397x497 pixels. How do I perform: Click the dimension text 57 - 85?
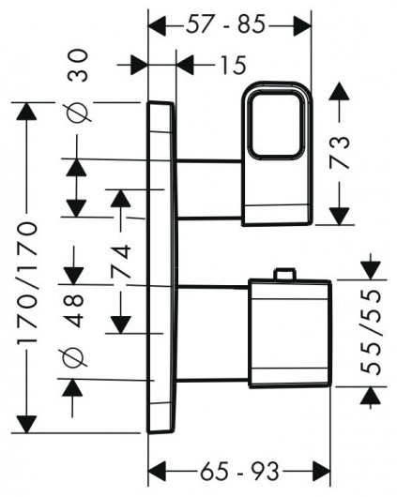click(225, 24)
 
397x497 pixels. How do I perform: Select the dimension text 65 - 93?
click(239, 471)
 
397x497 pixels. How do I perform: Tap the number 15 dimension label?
click(234, 65)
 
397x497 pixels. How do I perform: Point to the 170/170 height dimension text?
click(27, 283)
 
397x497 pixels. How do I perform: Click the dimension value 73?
click(339, 152)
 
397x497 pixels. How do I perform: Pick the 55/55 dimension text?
click(371, 332)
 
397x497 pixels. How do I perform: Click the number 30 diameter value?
click(78, 66)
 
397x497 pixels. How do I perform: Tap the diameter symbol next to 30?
click(78, 113)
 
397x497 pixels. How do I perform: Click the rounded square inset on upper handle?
click(276, 125)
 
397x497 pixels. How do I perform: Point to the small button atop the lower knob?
click(286, 274)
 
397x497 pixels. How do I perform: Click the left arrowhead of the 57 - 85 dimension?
click(158, 26)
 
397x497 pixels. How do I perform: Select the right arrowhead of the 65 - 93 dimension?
click(322, 472)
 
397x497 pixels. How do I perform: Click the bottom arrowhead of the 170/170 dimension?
click(26, 424)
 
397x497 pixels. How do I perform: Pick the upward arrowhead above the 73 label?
click(339, 91)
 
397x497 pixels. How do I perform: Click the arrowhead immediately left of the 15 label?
click(185, 65)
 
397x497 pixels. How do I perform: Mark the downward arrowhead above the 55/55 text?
click(371, 270)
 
